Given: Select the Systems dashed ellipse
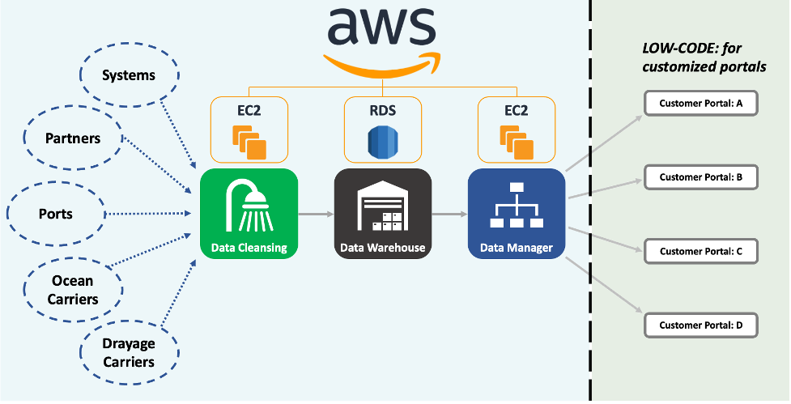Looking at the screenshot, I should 129,75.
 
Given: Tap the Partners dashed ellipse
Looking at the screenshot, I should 73,138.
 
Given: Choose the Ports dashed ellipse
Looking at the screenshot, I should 55,214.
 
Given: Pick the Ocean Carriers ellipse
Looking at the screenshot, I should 73,290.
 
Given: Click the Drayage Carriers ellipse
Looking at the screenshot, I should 129,352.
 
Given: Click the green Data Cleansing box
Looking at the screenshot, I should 249,214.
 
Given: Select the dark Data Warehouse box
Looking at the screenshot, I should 383,214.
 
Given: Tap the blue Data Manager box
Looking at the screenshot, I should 516,214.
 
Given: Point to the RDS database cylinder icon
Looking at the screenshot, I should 383,142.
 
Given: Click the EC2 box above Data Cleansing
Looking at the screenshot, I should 249,130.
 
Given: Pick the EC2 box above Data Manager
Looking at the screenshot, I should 516,130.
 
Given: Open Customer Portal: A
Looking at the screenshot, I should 701,104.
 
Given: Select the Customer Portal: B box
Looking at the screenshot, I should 701,176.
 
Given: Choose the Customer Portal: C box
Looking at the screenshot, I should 701,251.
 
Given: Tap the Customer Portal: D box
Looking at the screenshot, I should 701,325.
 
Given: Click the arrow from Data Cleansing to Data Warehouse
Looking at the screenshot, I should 316,215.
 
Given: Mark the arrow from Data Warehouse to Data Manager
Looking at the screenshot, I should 449,215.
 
